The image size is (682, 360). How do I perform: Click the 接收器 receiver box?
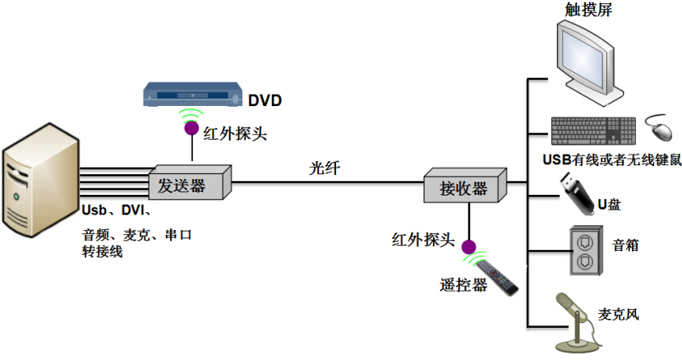tap(463, 187)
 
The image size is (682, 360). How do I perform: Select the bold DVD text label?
tap(265, 101)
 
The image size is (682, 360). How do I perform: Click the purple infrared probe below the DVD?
tap(191, 127)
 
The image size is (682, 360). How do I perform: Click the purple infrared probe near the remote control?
tap(468, 247)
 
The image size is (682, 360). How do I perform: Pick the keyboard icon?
tap(592, 130)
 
